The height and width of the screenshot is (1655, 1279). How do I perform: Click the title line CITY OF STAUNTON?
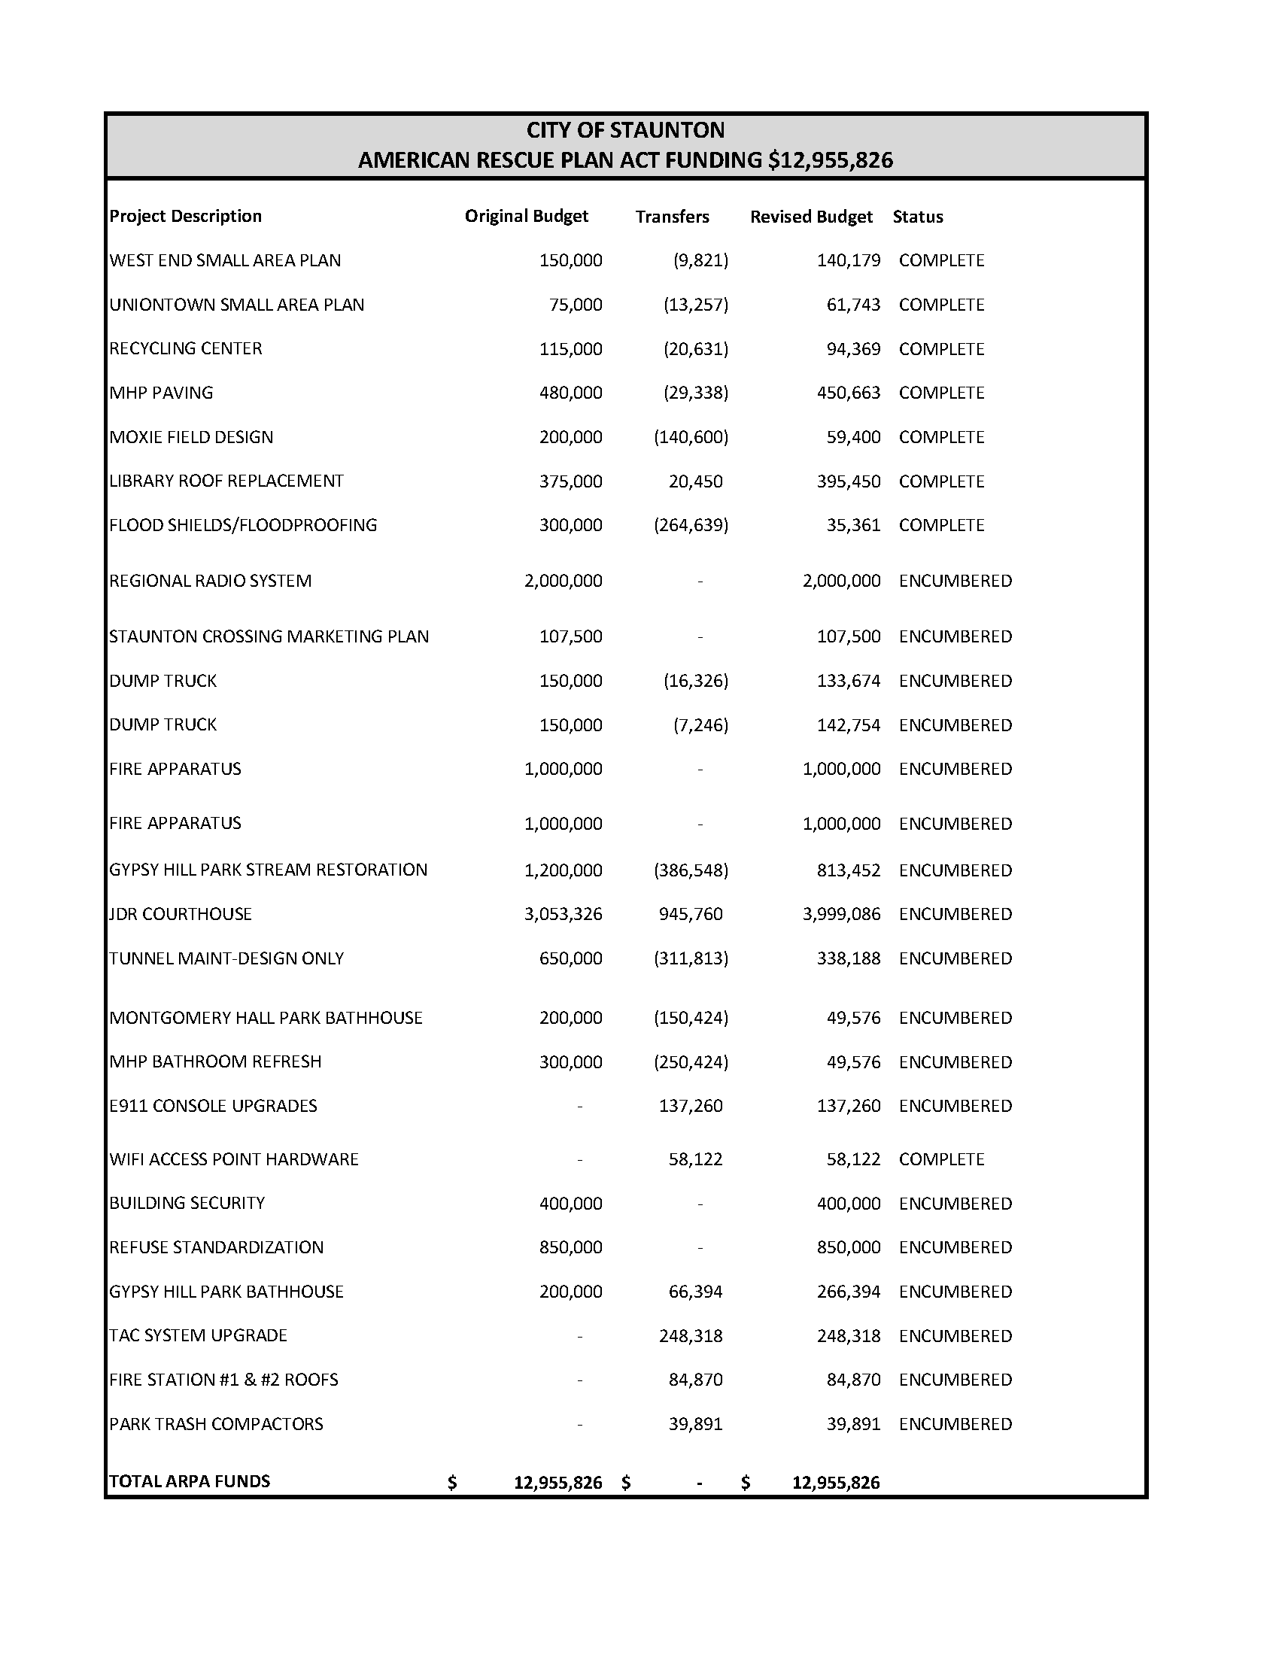[625, 130]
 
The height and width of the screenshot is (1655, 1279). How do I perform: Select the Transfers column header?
[672, 217]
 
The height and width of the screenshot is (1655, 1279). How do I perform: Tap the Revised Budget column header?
[811, 217]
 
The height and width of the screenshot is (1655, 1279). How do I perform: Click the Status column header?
[918, 217]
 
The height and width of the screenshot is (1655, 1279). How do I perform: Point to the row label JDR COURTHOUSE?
[181, 914]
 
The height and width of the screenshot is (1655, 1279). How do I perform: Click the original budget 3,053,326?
[563, 914]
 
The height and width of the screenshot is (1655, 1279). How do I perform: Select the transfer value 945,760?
[690, 914]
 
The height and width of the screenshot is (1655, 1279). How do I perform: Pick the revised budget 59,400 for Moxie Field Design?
[853, 437]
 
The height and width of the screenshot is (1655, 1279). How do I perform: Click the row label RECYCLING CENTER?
[186, 348]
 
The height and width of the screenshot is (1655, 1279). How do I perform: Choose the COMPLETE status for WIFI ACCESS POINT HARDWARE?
[941, 1159]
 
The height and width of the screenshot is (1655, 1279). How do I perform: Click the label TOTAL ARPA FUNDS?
[190, 1481]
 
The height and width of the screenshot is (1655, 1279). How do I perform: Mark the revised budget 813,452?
[849, 870]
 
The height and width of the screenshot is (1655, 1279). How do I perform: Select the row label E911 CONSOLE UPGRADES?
[213, 1106]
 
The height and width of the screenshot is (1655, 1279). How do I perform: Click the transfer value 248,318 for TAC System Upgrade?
[690, 1335]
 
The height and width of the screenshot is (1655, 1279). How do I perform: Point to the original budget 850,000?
[570, 1247]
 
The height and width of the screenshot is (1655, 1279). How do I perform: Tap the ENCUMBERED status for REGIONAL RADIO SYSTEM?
[955, 582]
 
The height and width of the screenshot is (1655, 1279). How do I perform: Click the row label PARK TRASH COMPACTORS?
[216, 1424]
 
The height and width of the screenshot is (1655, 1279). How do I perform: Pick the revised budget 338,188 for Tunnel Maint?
[849, 958]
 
